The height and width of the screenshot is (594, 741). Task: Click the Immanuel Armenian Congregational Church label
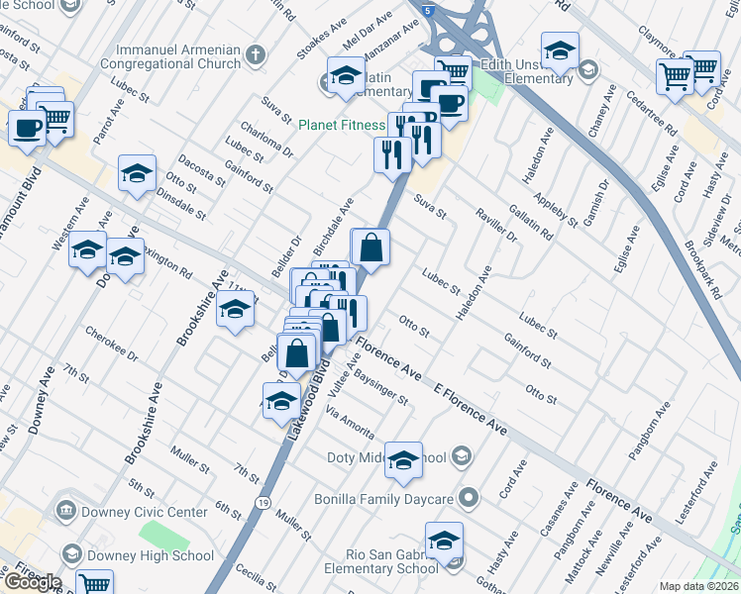178,56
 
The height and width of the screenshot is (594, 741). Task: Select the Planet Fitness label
342,125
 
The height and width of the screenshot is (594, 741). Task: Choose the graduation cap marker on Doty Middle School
403,460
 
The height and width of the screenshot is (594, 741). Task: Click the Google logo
33,581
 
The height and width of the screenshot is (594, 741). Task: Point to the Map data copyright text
699,586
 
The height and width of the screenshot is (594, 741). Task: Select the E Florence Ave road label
472,409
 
